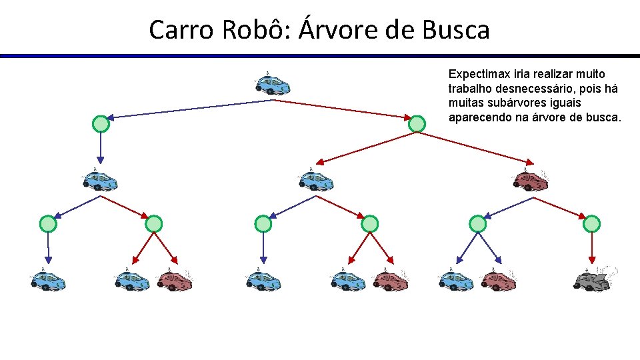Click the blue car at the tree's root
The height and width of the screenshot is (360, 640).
tap(272, 85)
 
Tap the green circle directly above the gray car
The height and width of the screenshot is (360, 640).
tap(591, 224)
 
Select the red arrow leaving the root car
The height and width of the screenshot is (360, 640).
tap(343, 109)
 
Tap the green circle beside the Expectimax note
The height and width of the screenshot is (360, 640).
tap(417, 123)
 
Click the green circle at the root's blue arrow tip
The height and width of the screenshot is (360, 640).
tap(100, 124)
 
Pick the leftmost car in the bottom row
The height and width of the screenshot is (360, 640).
tap(48, 280)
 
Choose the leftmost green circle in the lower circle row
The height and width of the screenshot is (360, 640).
tap(48, 224)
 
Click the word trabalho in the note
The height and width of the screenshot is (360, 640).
tap(469, 88)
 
